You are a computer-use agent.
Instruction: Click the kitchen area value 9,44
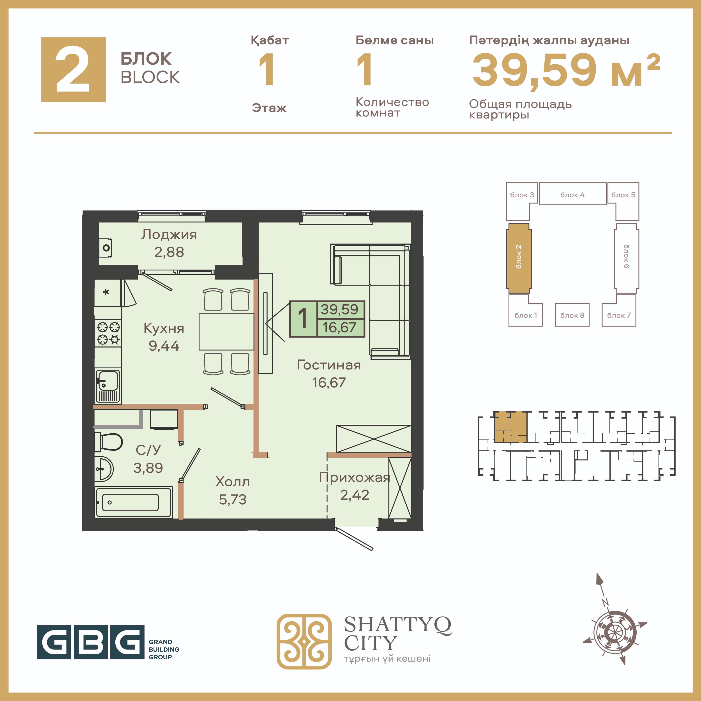point(164,346)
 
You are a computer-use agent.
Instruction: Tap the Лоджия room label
point(169,234)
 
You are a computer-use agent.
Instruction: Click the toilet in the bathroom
point(108,441)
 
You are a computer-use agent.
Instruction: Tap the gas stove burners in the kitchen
point(108,333)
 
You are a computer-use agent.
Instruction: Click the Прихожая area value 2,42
point(355,495)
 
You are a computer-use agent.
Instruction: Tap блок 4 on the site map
point(572,194)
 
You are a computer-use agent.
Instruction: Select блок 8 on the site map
point(572,315)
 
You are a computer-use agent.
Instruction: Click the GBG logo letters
point(91,642)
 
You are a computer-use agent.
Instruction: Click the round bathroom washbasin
point(104,469)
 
